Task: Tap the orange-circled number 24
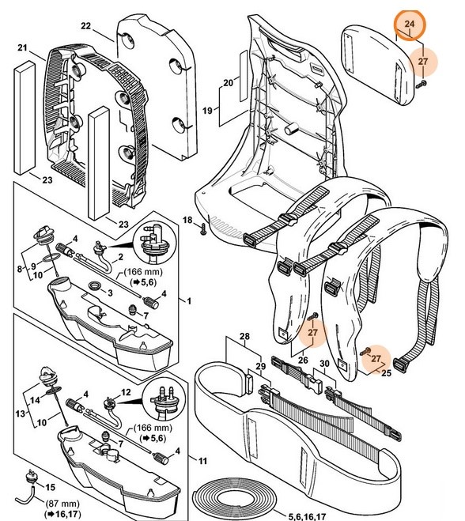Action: tap(409, 25)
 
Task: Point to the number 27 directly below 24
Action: tap(422, 61)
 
